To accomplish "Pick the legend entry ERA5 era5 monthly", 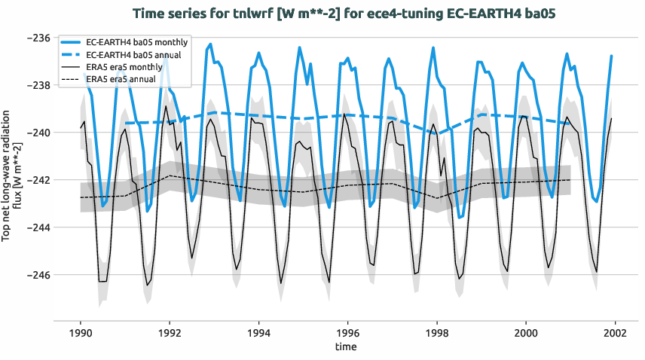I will pyautogui.click(x=121, y=67).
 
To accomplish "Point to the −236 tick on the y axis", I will pyautogui.click(x=38, y=38).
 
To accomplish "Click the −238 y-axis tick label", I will pyautogui.click(x=38, y=85).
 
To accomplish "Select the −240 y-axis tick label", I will pyautogui.click(x=38, y=133).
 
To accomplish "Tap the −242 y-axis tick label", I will pyautogui.click(x=38, y=180).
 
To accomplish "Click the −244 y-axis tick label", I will pyautogui.click(x=38, y=227).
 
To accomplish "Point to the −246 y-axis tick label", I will pyautogui.click(x=38, y=275).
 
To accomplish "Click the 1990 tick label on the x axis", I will pyautogui.click(x=81, y=332).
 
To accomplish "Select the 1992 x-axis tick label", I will pyautogui.click(x=170, y=332).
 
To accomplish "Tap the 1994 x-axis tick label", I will pyautogui.click(x=258, y=332).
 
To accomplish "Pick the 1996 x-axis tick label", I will pyautogui.click(x=347, y=332).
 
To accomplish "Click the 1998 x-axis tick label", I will pyautogui.click(x=437, y=332).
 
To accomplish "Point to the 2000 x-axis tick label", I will pyautogui.click(x=526, y=332).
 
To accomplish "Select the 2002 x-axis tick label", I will pyautogui.click(x=615, y=332).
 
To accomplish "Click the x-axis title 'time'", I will pyautogui.click(x=347, y=346).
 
